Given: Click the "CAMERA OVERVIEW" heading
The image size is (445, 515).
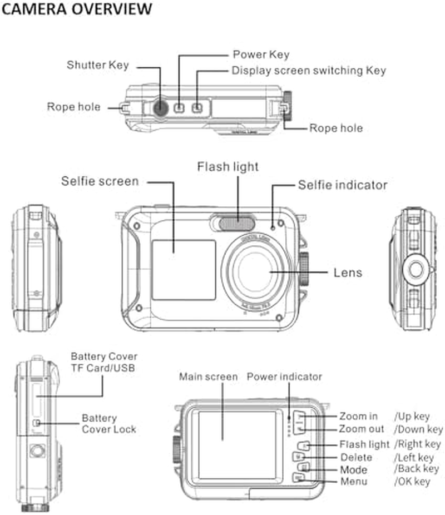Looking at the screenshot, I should (x=76, y=9).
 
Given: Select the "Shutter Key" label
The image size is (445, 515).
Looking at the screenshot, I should (x=98, y=65).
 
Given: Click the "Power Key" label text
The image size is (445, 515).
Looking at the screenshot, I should (x=261, y=55).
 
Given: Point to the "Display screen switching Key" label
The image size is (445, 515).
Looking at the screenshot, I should (x=309, y=71).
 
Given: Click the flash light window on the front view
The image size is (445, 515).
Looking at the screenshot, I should (x=237, y=224).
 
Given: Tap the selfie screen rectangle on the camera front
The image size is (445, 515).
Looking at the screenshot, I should (x=184, y=269).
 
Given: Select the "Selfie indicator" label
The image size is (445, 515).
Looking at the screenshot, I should (x=343, y=185).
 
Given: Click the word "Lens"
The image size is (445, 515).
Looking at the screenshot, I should (x=348, y=273).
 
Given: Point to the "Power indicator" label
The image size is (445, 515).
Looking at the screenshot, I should (x=284, y=377).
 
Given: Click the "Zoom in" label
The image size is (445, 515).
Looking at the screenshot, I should (x=358, y=416).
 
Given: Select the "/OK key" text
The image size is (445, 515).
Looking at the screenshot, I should (x=412, y=482).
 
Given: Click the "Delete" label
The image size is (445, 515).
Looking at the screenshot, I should (x=356, y=458).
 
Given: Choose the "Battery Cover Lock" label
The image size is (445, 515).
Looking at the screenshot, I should (x=109, y=423).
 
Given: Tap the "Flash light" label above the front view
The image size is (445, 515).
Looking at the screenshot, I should (x=228, y=166).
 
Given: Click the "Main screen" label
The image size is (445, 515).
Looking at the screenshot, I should (x=208, y=377).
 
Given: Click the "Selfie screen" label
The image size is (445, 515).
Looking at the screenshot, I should (x=100, y=181).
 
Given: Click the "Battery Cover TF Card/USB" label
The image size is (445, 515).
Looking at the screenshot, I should (x=103, y=362).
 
